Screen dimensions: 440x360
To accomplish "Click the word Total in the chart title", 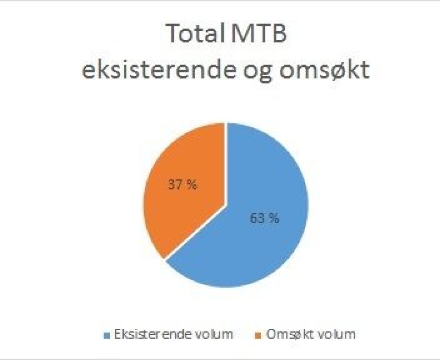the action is coord(193,33).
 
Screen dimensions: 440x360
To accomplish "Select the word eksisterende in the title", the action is coord(159,70).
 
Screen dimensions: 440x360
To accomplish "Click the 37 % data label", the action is coord(183,185).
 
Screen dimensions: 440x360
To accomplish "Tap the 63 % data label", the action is coord(264,218).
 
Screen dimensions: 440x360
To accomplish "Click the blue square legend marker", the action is coord(107,335).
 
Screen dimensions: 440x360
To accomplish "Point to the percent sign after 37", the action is coord(192,185).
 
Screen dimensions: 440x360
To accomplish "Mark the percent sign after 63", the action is coord(274,218).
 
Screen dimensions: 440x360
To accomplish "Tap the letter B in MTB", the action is coord(279,33).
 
